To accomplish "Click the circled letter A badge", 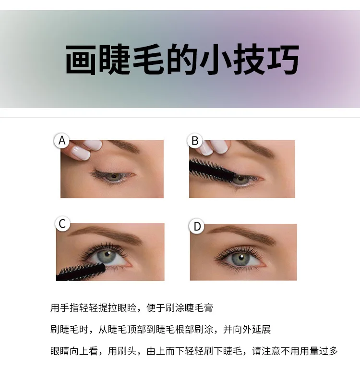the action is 62,140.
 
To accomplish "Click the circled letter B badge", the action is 195,141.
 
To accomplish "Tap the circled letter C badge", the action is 62,223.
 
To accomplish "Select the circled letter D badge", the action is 197,226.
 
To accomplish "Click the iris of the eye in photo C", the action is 107,256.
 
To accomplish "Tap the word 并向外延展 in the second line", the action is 247,330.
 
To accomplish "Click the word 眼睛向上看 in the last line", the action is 74,351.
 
